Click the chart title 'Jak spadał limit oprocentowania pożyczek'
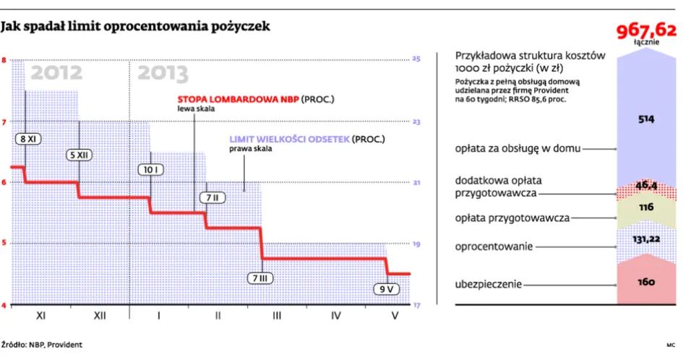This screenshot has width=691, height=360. (136, 27)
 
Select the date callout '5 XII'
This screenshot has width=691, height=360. (79, 155)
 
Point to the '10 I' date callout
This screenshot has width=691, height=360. (150, 169)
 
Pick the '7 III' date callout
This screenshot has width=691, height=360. (260, 278)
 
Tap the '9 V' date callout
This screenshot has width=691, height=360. (387, 289)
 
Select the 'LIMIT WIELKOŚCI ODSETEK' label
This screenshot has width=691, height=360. (289, 140)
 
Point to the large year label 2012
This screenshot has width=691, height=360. (56, 73)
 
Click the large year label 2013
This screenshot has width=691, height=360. (163, 73)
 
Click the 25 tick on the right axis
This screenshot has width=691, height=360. (416, 59)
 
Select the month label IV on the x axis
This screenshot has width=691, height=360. (335, 316)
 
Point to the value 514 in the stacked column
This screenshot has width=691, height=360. (645, 120)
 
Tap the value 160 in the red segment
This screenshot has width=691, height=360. (645, 283)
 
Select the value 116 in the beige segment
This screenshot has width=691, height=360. (645, 207)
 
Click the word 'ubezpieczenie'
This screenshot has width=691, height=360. (488, 285)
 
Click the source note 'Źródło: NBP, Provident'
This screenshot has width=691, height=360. (41, 345)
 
